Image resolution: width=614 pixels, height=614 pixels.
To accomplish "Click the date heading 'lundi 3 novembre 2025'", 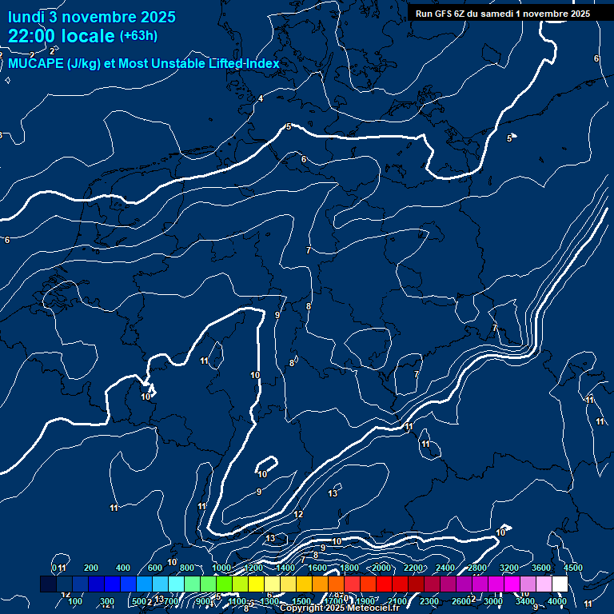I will tap(92, 17).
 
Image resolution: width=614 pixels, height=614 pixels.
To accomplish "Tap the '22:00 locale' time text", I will tap(62, 36).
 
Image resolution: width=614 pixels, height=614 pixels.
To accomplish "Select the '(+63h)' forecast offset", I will tap(138, 36).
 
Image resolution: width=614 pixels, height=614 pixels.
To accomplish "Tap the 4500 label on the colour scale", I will tap(572, 568).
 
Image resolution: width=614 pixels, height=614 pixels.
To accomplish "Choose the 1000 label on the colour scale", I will tap(221, 568).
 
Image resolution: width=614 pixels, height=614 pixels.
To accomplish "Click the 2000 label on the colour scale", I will tap(381, 568).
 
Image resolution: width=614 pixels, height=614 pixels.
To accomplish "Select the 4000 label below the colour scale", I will tap(557, 601).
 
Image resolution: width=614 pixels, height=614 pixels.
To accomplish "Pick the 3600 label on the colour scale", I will tap(541, 568).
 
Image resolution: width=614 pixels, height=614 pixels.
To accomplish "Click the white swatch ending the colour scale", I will tap(560, 584).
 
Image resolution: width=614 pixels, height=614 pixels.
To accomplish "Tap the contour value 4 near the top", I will tap(261, 98).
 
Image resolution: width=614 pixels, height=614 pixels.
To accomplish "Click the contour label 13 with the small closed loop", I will tap(333, 493).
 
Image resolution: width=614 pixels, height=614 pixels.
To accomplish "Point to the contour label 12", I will tap(298, 514).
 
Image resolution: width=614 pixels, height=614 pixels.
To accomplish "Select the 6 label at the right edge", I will tap(596, 58).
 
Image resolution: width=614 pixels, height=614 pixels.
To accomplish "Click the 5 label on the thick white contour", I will tap(289, 126).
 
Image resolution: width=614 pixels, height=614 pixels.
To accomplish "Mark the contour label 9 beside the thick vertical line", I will tap(277, 315).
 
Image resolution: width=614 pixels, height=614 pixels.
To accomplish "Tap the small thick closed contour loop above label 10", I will tap(266, 464).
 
